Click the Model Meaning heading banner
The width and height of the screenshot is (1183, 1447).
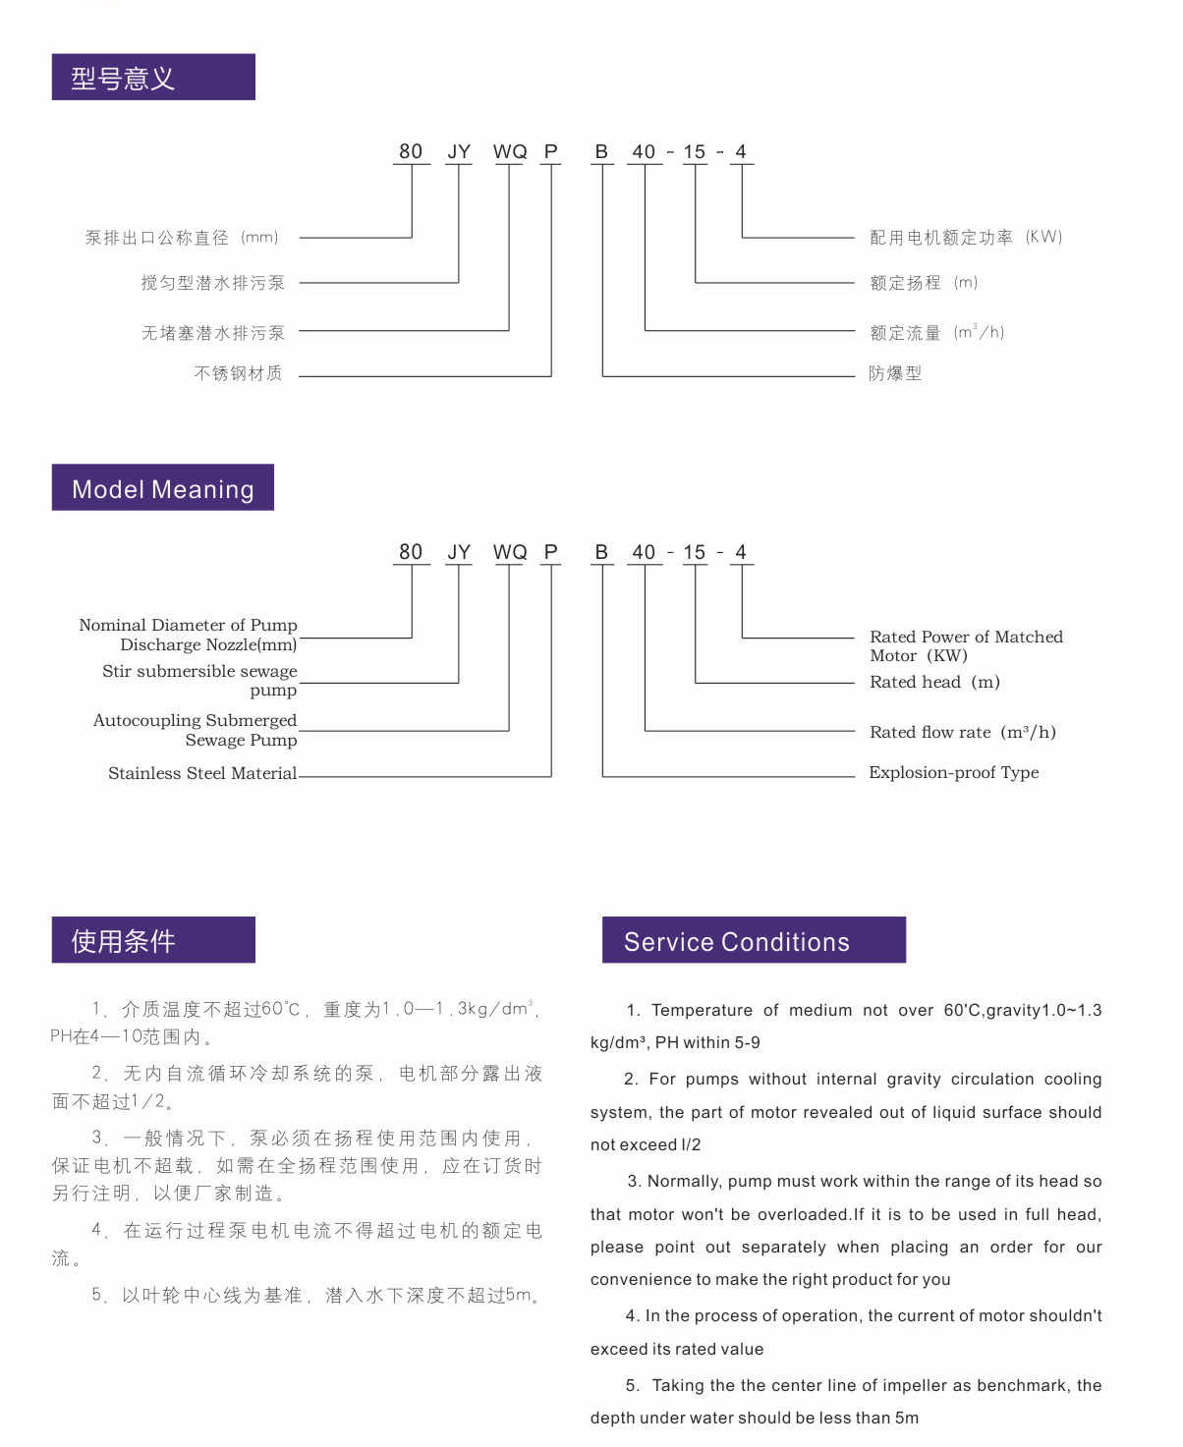pyautogui.click(x=162, y=488)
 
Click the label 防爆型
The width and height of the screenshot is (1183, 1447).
pyautogui.click(x=895, y=373)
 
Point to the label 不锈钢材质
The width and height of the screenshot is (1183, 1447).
pyautogui.click(x=239, y=373)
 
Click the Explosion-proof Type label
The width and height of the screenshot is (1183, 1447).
pyautogui.click(x=953, y=772)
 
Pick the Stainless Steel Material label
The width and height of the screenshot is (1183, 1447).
pyautogui.click(x=202, y=773)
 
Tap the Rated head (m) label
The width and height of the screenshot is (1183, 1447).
pyautogui.click(x=934, y=682)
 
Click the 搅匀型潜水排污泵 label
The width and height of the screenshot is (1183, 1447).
pyautogui.click(x=212, y=283)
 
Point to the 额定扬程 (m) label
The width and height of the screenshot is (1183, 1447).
pyautogui.click(x=924, y=283)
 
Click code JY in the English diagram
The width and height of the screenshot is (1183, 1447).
pyautogui.click(x=459, y=552)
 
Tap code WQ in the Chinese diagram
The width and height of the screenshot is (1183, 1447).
pyautogui.click(x=510, y=151)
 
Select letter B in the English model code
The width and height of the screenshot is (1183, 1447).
pyautogui.click(x=601, y=552)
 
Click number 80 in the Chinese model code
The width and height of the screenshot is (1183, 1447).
pyautogui.click(x=411, y=151)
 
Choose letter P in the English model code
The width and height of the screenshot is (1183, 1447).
pyautogui.click(x=551, y=552)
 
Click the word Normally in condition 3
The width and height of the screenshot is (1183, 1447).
pyautogui.click(x=684, y=1181)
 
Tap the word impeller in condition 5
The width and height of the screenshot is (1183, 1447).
pyautogui.click(x=913, y=1385)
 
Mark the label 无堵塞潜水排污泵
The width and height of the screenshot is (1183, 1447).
pyautogui.click(x=212, y=333)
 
